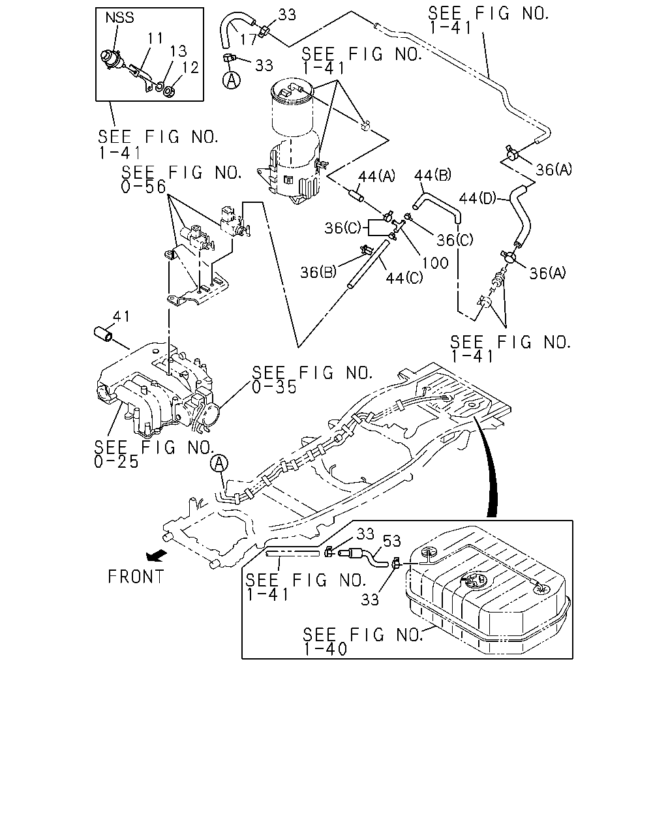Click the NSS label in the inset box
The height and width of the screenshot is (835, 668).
tap(119, 18)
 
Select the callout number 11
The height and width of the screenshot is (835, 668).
tap(155, 38)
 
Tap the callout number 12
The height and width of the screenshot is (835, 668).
tap(190, 67)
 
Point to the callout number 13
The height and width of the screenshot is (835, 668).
tap(179, 51)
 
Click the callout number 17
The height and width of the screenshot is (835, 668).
tap(249, 39)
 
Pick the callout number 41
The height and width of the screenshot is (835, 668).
tap(121, 316)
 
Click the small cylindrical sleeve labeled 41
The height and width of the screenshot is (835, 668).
tap(103, 334)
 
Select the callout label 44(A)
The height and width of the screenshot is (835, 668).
tap(376, 177)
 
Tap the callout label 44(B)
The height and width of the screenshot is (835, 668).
tap(433, 175)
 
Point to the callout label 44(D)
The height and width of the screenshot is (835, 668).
tap(478, 199)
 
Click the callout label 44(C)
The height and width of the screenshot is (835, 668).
tap(404, 278)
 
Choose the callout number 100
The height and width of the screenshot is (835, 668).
tap(435, 263)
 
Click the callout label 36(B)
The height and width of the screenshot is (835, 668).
tap(318, 273)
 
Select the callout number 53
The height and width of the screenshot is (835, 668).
tap(391, 541)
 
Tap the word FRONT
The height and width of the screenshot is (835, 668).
tap(136, 577)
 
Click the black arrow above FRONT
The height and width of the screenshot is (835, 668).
tap(157, 556)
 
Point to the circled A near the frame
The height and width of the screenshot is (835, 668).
tap(219, 463)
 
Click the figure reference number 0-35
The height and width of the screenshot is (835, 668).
tap(274, 387)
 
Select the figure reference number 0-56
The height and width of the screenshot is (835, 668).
tap(144, 187)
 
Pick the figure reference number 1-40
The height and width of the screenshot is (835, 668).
tap(325, 649)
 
